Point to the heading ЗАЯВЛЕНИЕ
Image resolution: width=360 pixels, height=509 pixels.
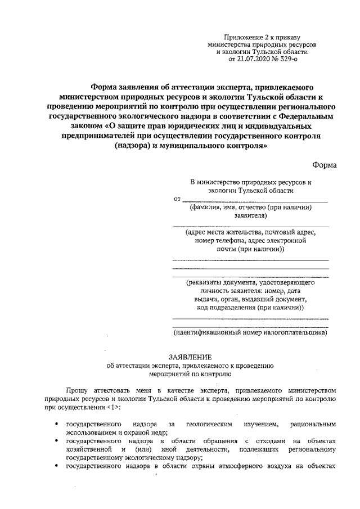(190, 357)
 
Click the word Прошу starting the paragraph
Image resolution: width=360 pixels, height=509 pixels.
(76, 389)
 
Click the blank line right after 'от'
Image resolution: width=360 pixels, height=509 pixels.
(255, 200)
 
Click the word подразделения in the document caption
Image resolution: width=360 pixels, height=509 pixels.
(231, 308)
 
